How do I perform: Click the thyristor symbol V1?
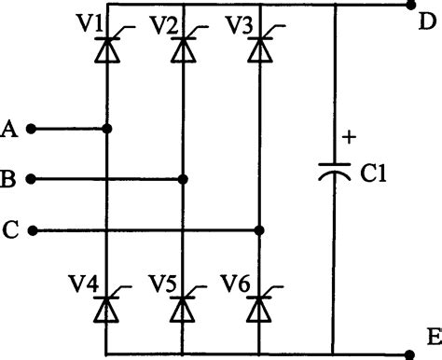pyautogui.click(x=109, y=48)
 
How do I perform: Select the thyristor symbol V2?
pyautogui.click(x=184, y=48)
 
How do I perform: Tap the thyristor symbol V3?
pyautogui.click(x=258, y=48)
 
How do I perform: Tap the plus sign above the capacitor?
pyautogui.click(x=351, y=137)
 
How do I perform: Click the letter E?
pyautogui.click(x=430, y=338)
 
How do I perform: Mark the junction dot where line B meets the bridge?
pyautogui.click(x=184, y=178)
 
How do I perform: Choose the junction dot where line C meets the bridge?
pyautogui.click(x=258, y=228)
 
